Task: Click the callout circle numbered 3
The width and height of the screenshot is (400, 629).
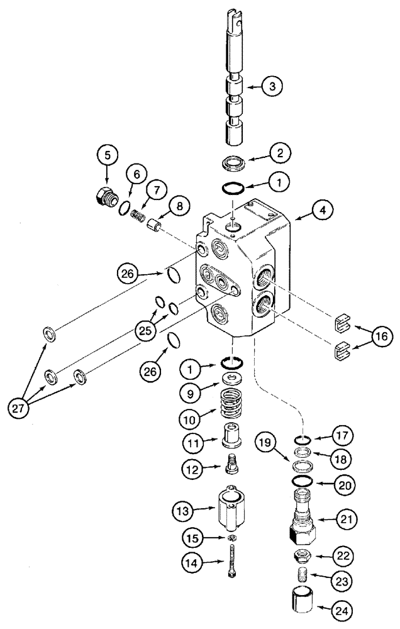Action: tap(272, 87)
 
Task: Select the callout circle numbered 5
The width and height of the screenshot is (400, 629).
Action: tap(106, 154)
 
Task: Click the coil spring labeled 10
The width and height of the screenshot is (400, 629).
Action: tap(234, 407)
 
